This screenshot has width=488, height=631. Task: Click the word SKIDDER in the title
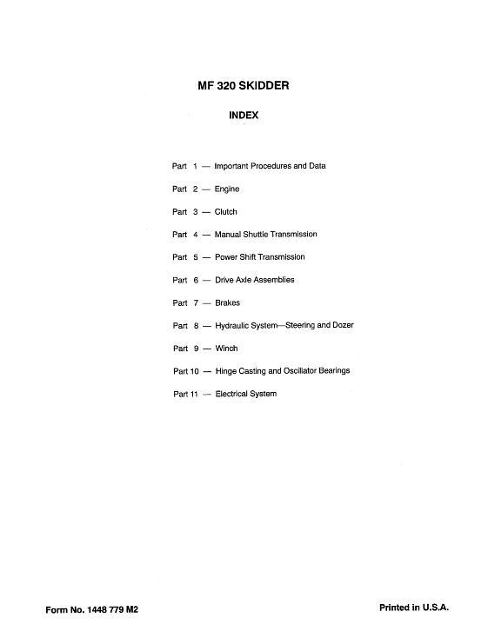pyautogui.click(x=259, y=86)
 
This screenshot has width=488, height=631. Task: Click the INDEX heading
pyautogui.click(x=244, y=115)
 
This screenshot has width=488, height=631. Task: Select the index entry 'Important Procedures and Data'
pyautogui.click(x=270, y=166)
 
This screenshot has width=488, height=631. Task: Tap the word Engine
pyautogui.click(x=227, y=189)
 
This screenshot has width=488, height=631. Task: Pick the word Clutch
pyautogui.click(x=225, y=212)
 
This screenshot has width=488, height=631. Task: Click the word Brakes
pyautogui.click(x=227, y=303)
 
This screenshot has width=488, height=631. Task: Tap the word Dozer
pyautogui.click(x=342, y=326)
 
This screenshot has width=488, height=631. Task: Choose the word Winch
pyautogui.click(x=226, y=349)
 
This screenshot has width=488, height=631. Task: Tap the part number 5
pyautogui.click(x=196, y=257)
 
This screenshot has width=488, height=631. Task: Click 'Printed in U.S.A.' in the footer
pyautogui.click(x=413, y=608)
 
